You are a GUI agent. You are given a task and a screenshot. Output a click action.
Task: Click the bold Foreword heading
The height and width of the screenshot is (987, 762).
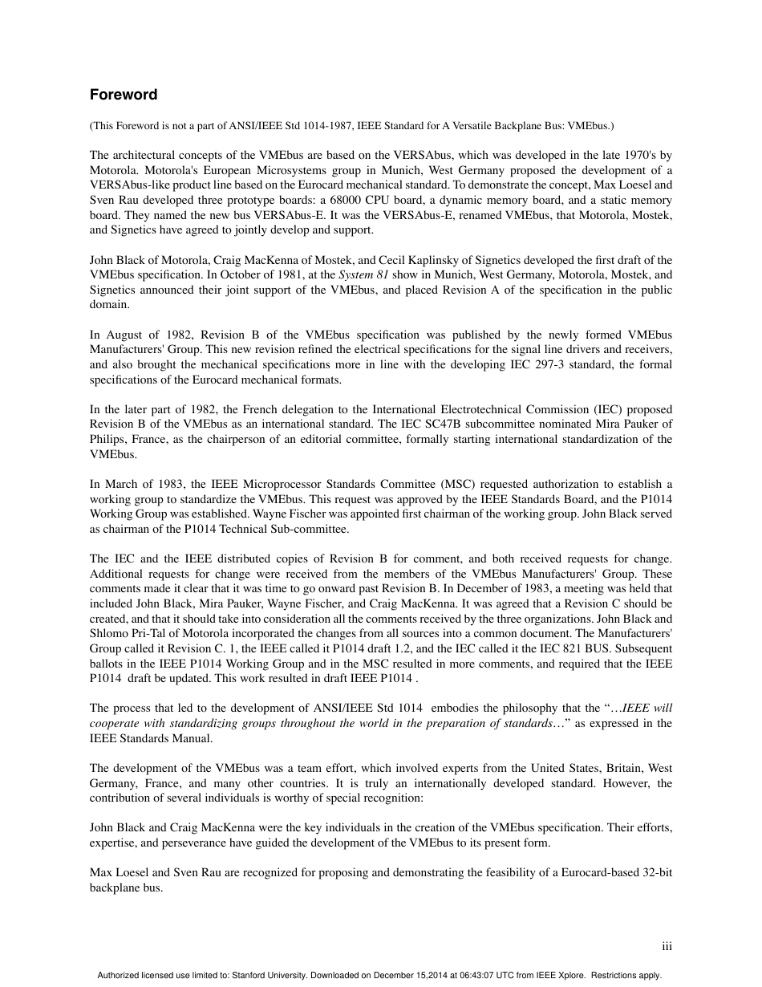(x=124, y=95)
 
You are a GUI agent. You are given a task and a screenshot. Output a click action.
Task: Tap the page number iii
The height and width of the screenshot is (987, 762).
(x=667, y=947)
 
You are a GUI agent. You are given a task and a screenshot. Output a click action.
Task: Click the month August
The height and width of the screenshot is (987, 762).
(x=124, y=335)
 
